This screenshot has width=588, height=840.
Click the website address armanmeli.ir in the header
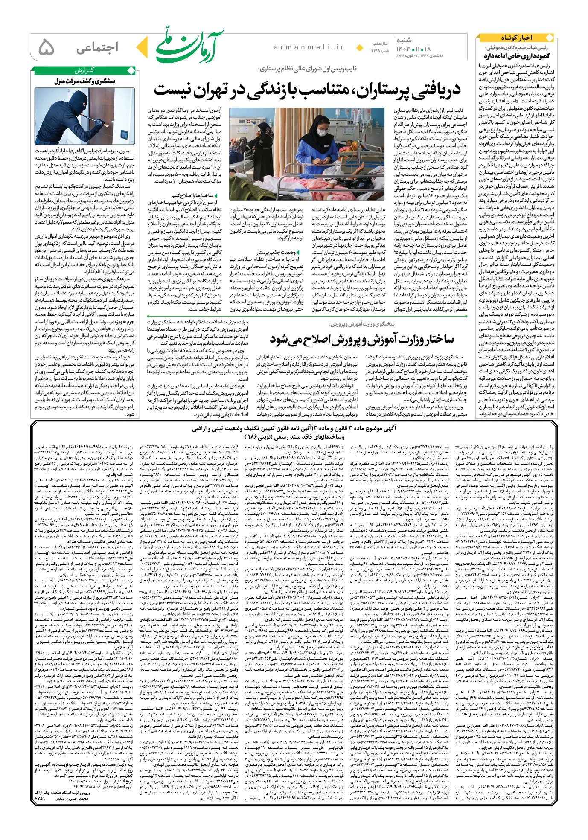pos(309,47)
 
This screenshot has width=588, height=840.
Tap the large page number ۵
pos(46,47)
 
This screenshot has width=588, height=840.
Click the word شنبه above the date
pos(404,40)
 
